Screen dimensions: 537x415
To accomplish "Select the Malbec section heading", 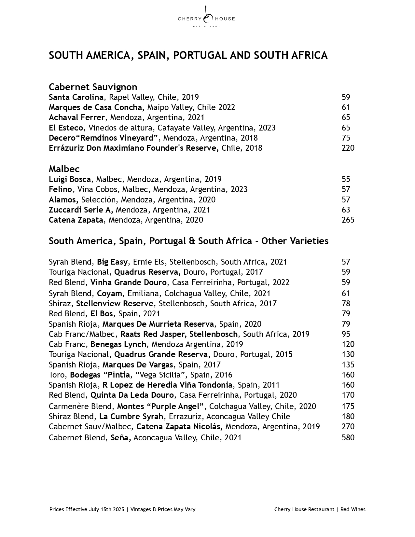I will [x=64, y=169].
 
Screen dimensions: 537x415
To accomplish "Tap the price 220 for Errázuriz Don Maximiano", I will [x=348, y=148].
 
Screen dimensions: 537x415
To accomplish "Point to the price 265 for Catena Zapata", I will [x=348, y=220].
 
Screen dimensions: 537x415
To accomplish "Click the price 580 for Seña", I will [x=348, y=438].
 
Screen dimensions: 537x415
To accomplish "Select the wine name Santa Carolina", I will [x=76, y=97].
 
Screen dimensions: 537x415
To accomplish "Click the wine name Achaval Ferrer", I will [x=76, y=117].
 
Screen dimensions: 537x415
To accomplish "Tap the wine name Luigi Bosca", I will [x=70, y=179].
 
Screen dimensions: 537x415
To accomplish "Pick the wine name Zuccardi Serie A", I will [x=81, y=210].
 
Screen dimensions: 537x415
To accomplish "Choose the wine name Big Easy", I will [x=112, y=262].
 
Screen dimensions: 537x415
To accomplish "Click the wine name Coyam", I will [x=109, y=294].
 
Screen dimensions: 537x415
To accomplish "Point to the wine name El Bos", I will [x=102, y=314].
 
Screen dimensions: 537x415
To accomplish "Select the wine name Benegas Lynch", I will [x=118, y=344].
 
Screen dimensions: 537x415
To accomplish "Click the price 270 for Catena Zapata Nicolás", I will [x=348, y=427].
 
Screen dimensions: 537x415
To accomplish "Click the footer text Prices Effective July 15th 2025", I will [x=87, y=509].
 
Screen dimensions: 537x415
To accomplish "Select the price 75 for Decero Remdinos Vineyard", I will [x=346, y=138].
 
